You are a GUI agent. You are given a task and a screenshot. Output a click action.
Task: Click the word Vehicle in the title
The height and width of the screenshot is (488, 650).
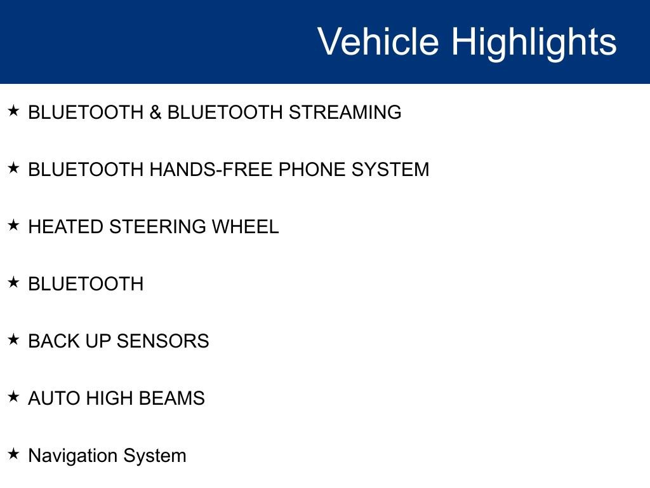pyautogui.click(x=378, y=41)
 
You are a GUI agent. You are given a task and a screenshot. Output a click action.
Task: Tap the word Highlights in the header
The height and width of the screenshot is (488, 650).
pyautogui.click(x=534, y=43)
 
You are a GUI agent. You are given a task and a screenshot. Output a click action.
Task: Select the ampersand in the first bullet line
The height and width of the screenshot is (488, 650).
pyautogui.click(x=156, y=112)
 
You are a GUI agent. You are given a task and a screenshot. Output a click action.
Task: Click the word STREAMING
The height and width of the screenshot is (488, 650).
pyautogui.click(x=345, y=112)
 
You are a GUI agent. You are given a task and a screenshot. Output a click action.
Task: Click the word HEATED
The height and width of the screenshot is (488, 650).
pyautogui.click(x=65, y=227)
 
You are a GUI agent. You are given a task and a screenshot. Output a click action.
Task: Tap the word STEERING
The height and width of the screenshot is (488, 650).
pyautogui.click(x=157, y=227)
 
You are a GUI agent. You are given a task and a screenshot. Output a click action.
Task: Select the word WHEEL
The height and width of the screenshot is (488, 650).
pyautogui.click(x=246, y=227)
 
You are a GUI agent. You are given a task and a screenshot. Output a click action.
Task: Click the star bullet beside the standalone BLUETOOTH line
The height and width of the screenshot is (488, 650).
pyautogui.click(x=14, y=282)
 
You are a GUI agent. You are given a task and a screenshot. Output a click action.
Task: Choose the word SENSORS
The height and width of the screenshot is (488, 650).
pyautogui.click(x=163, y=341)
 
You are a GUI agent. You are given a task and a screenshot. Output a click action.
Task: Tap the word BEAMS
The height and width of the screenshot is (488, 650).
pyautogui.click(x=172, y=398)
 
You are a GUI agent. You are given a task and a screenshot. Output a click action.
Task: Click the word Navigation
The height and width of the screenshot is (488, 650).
pyautogui.click(x=72, y=456)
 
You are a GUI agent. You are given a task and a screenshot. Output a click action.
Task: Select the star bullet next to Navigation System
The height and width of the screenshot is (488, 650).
pyautogui.click(x=14, y=454)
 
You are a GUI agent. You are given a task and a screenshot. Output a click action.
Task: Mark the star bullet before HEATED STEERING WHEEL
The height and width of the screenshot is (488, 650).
pyautogui.click(x=14, y=225)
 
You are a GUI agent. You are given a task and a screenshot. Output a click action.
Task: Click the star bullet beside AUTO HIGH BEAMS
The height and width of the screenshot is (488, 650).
pyautogui.click(x=14, y=396)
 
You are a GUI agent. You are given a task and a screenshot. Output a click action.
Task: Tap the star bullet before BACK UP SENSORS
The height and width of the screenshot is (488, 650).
pyautogui.click(x=14, y=339)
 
